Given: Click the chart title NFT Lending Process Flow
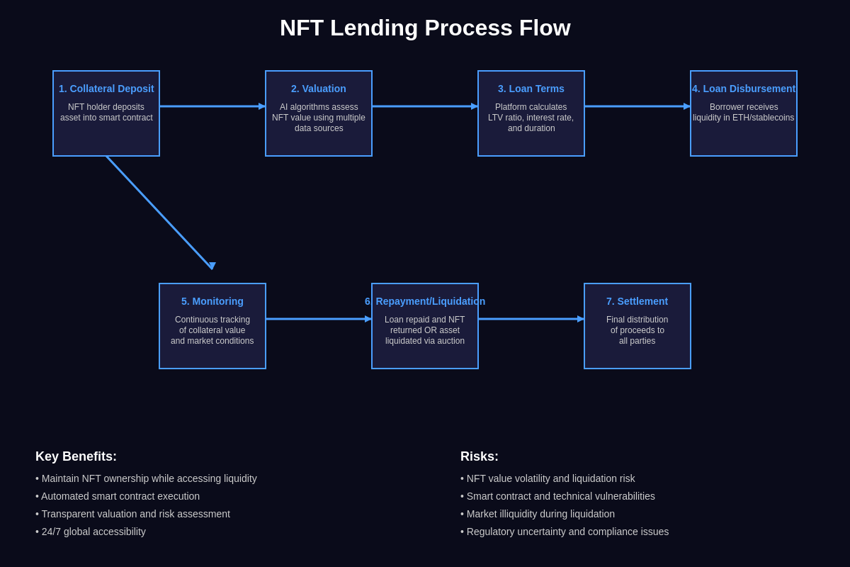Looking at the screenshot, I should pyautogui.click(x=425, y=28).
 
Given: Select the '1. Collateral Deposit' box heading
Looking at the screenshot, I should pyautogui.click(x=106, y=89).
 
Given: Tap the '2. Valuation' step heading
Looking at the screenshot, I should pyautogui.click(x=319, y=89).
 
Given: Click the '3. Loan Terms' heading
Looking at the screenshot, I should pyautogui.click(x=531, y=89).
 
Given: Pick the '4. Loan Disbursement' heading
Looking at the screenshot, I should pyautogui.click(x=744, y=89).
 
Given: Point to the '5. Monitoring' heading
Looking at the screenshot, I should pyautogui.click(x=212, y=301).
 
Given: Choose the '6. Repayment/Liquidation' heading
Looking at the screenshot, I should pyautogui.click(x=425, y=301).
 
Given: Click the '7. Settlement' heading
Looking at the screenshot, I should pyautogui.click(x=637, y=301).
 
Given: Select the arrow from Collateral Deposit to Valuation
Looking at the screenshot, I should pyautogui.click(x=212, y=106).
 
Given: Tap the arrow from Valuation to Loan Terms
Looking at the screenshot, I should pyautogui.click(x=425, y=106).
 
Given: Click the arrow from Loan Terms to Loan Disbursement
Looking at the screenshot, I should pyautogui.click(x=637, y=106).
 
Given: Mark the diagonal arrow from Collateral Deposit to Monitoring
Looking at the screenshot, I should pyautogui.click(x=159, y=213).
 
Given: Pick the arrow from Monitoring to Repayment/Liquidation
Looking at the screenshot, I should pyautogui.click(x=319, y=319).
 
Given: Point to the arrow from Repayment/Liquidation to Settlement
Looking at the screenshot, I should pyautogui.click(x=531, y=319).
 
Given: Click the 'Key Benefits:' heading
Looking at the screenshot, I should pyautogui.click(x=76, y=457).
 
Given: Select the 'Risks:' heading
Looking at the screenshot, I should pyautogui.click(x=480, y=457).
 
